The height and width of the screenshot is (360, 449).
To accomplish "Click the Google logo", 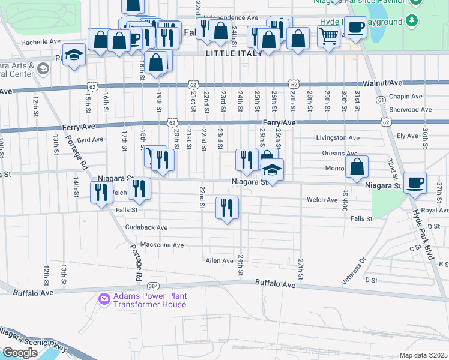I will point(20,353).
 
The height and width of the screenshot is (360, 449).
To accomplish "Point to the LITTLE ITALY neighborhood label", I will point(235,54).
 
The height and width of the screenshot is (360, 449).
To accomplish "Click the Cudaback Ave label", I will point(146,228).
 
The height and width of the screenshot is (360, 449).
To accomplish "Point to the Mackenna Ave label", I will point(161,245).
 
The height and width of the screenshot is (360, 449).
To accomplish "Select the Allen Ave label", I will point(219,261).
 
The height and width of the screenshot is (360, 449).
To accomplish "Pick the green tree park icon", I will point(411,22).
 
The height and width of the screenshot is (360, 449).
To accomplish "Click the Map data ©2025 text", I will point(423,355).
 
